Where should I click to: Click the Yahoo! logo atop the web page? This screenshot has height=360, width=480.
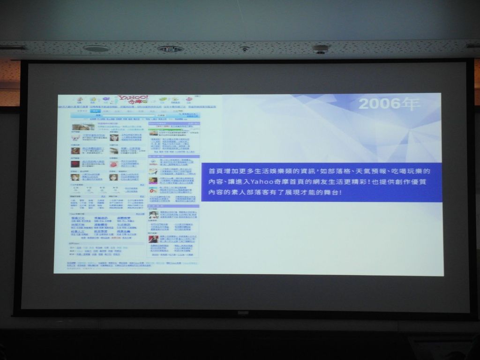pyautogui.click(x=133, y=99)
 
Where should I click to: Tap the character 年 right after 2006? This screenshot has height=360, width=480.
pyautogui.click(x=410, y=104)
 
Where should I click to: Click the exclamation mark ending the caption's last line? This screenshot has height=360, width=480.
pyautogui.click(x=340, y=192)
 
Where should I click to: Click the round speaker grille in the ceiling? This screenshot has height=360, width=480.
pyautogui.click(x=97, y=48)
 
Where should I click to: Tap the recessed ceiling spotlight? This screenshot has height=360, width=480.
pyautogui.click(x=170, y=49)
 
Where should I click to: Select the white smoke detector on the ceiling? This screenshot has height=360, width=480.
pyautogui.click(x=321, y=49)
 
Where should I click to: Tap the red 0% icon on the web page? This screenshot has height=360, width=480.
pyautogui.click(x=153, y=190)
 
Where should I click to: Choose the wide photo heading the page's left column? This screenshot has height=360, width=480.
pyautogui.click(x=82, y=127)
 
